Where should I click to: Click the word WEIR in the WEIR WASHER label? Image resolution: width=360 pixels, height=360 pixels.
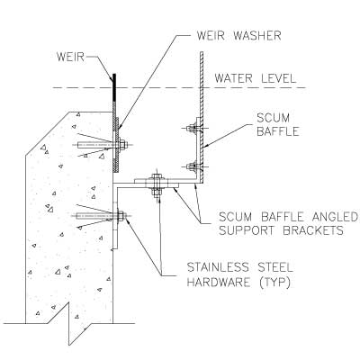211,36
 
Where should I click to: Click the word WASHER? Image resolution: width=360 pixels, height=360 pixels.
257,36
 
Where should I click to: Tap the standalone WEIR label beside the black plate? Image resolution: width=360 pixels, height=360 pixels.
70,57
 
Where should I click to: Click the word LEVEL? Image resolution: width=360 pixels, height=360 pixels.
279,78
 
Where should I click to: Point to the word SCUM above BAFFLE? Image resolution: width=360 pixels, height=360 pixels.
273,118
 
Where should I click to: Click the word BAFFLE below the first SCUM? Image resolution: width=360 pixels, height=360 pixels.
278,131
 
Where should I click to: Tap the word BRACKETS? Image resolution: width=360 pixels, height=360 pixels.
313,230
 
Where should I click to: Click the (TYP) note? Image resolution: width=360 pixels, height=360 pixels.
274,283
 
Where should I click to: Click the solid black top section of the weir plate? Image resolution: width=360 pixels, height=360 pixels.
114,87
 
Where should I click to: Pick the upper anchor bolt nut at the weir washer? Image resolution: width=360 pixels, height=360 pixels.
122,145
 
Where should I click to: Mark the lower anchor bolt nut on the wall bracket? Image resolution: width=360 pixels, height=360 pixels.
121,216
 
